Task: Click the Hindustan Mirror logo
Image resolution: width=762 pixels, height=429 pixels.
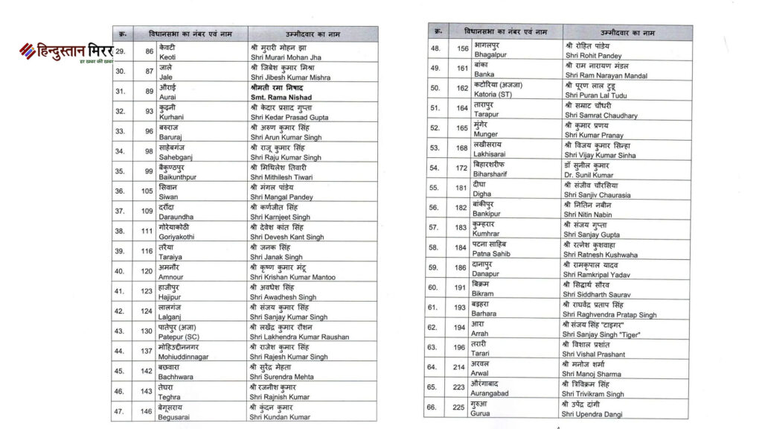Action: coord(65,52)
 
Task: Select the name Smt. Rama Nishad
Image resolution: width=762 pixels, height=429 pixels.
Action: coord(286,96)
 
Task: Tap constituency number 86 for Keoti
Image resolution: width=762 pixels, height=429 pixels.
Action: coord(149,51)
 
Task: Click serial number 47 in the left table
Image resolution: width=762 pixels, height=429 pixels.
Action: coord(119,411)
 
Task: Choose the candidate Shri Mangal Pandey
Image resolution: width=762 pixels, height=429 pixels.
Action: coord(281,197)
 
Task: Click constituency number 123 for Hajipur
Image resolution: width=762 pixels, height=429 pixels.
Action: coord(147,291)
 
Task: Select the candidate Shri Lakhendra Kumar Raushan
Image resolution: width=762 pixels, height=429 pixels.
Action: coord(300,337)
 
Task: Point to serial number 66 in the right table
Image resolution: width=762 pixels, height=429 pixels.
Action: coord(435,407)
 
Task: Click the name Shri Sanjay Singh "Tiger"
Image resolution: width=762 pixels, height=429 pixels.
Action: coord(603,334)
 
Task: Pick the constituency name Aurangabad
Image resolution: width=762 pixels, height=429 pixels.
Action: coord(496,393)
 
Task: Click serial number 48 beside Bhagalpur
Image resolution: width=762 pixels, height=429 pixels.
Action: coord(435,48)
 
